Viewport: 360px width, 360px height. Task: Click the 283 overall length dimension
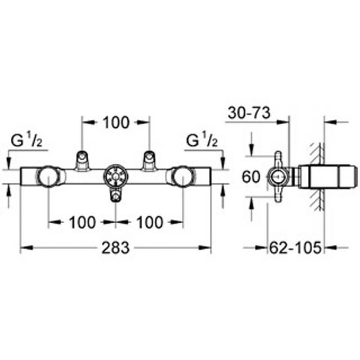point(116,248)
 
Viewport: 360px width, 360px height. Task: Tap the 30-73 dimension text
point(249,113)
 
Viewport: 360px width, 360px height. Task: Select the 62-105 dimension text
point(295,248)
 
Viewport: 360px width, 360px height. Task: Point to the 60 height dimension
point(251,177)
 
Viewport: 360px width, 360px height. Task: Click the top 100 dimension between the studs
point(116,122)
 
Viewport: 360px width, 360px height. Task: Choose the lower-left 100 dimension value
point(82,222)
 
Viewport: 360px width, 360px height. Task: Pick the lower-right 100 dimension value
point(150,222)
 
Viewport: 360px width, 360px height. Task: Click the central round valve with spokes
point(116,176)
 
